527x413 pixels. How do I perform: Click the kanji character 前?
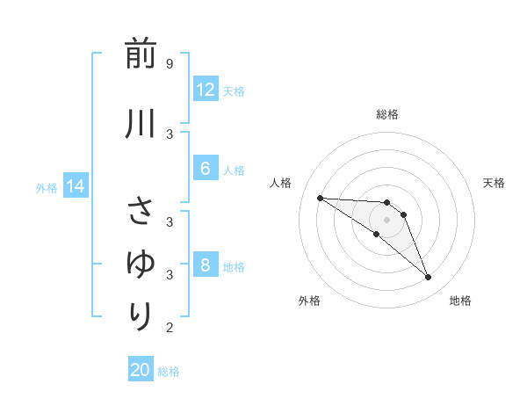(141, 54)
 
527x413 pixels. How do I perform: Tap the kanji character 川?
(141, 124)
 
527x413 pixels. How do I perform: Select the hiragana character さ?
(141, 212)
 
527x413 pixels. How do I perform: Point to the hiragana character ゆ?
(141, 263)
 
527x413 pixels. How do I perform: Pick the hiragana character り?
(141, 314)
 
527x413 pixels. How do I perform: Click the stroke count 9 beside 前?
(169, 64)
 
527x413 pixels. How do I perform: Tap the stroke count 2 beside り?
(169, 328)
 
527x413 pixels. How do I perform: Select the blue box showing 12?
(205, 90)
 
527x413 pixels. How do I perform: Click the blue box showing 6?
(205, 170)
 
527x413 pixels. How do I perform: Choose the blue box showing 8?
(205, 266)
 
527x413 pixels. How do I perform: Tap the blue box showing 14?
(76, 186)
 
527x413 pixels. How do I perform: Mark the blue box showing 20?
(141, 370)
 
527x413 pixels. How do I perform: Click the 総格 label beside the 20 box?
(169, 372)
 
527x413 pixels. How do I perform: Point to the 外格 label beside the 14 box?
(47, 187)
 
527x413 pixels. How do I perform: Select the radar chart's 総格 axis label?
(386, 114)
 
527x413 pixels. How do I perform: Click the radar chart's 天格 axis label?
(494, 183)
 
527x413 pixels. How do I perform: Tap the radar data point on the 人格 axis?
(320, 198)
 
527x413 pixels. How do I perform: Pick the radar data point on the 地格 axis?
(428, 277)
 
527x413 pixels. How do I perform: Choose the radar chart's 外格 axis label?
(308, 301)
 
